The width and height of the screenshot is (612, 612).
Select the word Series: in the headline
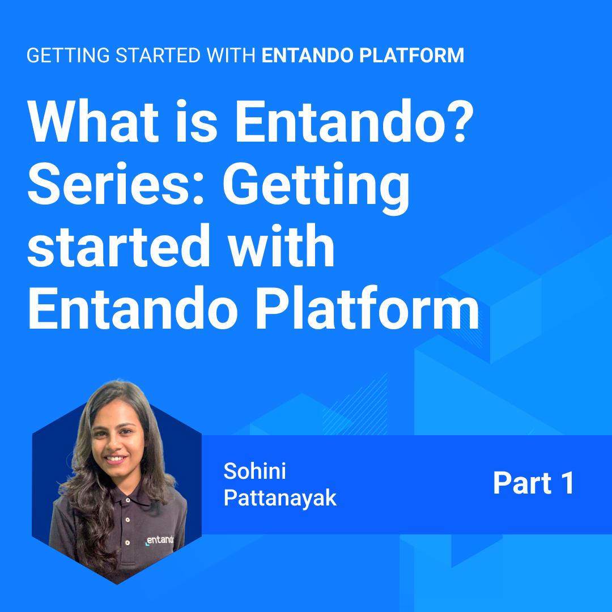pos(116,184)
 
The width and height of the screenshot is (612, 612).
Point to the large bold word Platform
pos(367,308)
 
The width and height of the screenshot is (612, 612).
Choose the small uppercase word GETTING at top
pos(69,56)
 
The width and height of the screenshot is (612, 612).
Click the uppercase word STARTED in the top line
pos(158,56)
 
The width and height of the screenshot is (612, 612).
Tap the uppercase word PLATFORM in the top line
pos(411,56)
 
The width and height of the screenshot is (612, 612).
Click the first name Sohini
pos(254,471)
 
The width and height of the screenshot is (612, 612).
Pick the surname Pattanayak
pos(280,498)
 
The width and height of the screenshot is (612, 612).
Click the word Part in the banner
pos(522,483)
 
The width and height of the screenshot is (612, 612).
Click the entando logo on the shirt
pos(159,540)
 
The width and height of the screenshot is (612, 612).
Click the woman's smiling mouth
pos(116,458)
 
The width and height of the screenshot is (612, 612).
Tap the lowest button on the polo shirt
pos(127,542)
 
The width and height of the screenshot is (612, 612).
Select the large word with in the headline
pos(282,245)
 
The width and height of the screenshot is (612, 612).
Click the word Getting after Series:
pos(316,188)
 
